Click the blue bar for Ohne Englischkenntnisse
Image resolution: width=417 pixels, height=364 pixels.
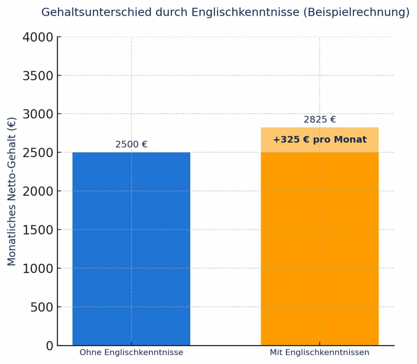(x=131, y=249)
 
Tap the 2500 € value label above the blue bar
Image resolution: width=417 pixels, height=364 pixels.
(x=131, y=144)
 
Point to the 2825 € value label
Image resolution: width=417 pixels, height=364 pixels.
(x=319, y=120)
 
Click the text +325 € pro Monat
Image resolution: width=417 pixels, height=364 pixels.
(x=319, y=140)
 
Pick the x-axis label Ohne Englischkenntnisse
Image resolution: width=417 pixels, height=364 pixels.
(x=131, y=352)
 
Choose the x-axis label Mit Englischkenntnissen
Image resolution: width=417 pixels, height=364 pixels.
(x=319, y=352)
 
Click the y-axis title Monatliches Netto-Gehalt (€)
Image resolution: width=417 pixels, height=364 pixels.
(x=12, y=191)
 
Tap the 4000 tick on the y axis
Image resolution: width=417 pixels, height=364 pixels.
(x=38, y=37)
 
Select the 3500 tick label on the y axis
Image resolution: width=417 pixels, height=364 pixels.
(x=38, y=76)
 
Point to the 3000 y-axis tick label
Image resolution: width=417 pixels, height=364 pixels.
(x=38, y=114)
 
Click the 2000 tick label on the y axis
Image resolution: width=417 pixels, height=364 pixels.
(x=38, y=191)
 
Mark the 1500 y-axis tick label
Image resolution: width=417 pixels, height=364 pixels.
(x=38, y=230)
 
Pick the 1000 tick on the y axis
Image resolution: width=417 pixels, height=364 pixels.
(x=38, y=268)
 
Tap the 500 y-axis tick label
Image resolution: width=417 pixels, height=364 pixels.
(x=42, y=307)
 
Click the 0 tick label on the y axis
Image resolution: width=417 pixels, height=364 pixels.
(x=49, y=345)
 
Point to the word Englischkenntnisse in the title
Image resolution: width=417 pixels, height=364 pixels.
(x=245, y=12)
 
